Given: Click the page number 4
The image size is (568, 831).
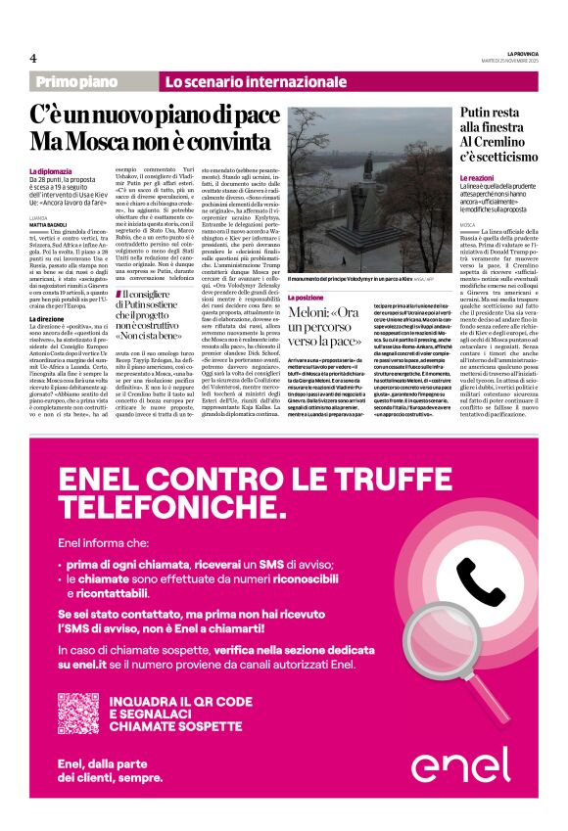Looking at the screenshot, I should [32, 58].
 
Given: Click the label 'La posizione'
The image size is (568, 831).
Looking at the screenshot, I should [309, 296].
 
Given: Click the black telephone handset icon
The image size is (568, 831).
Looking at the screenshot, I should [481, 585].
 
